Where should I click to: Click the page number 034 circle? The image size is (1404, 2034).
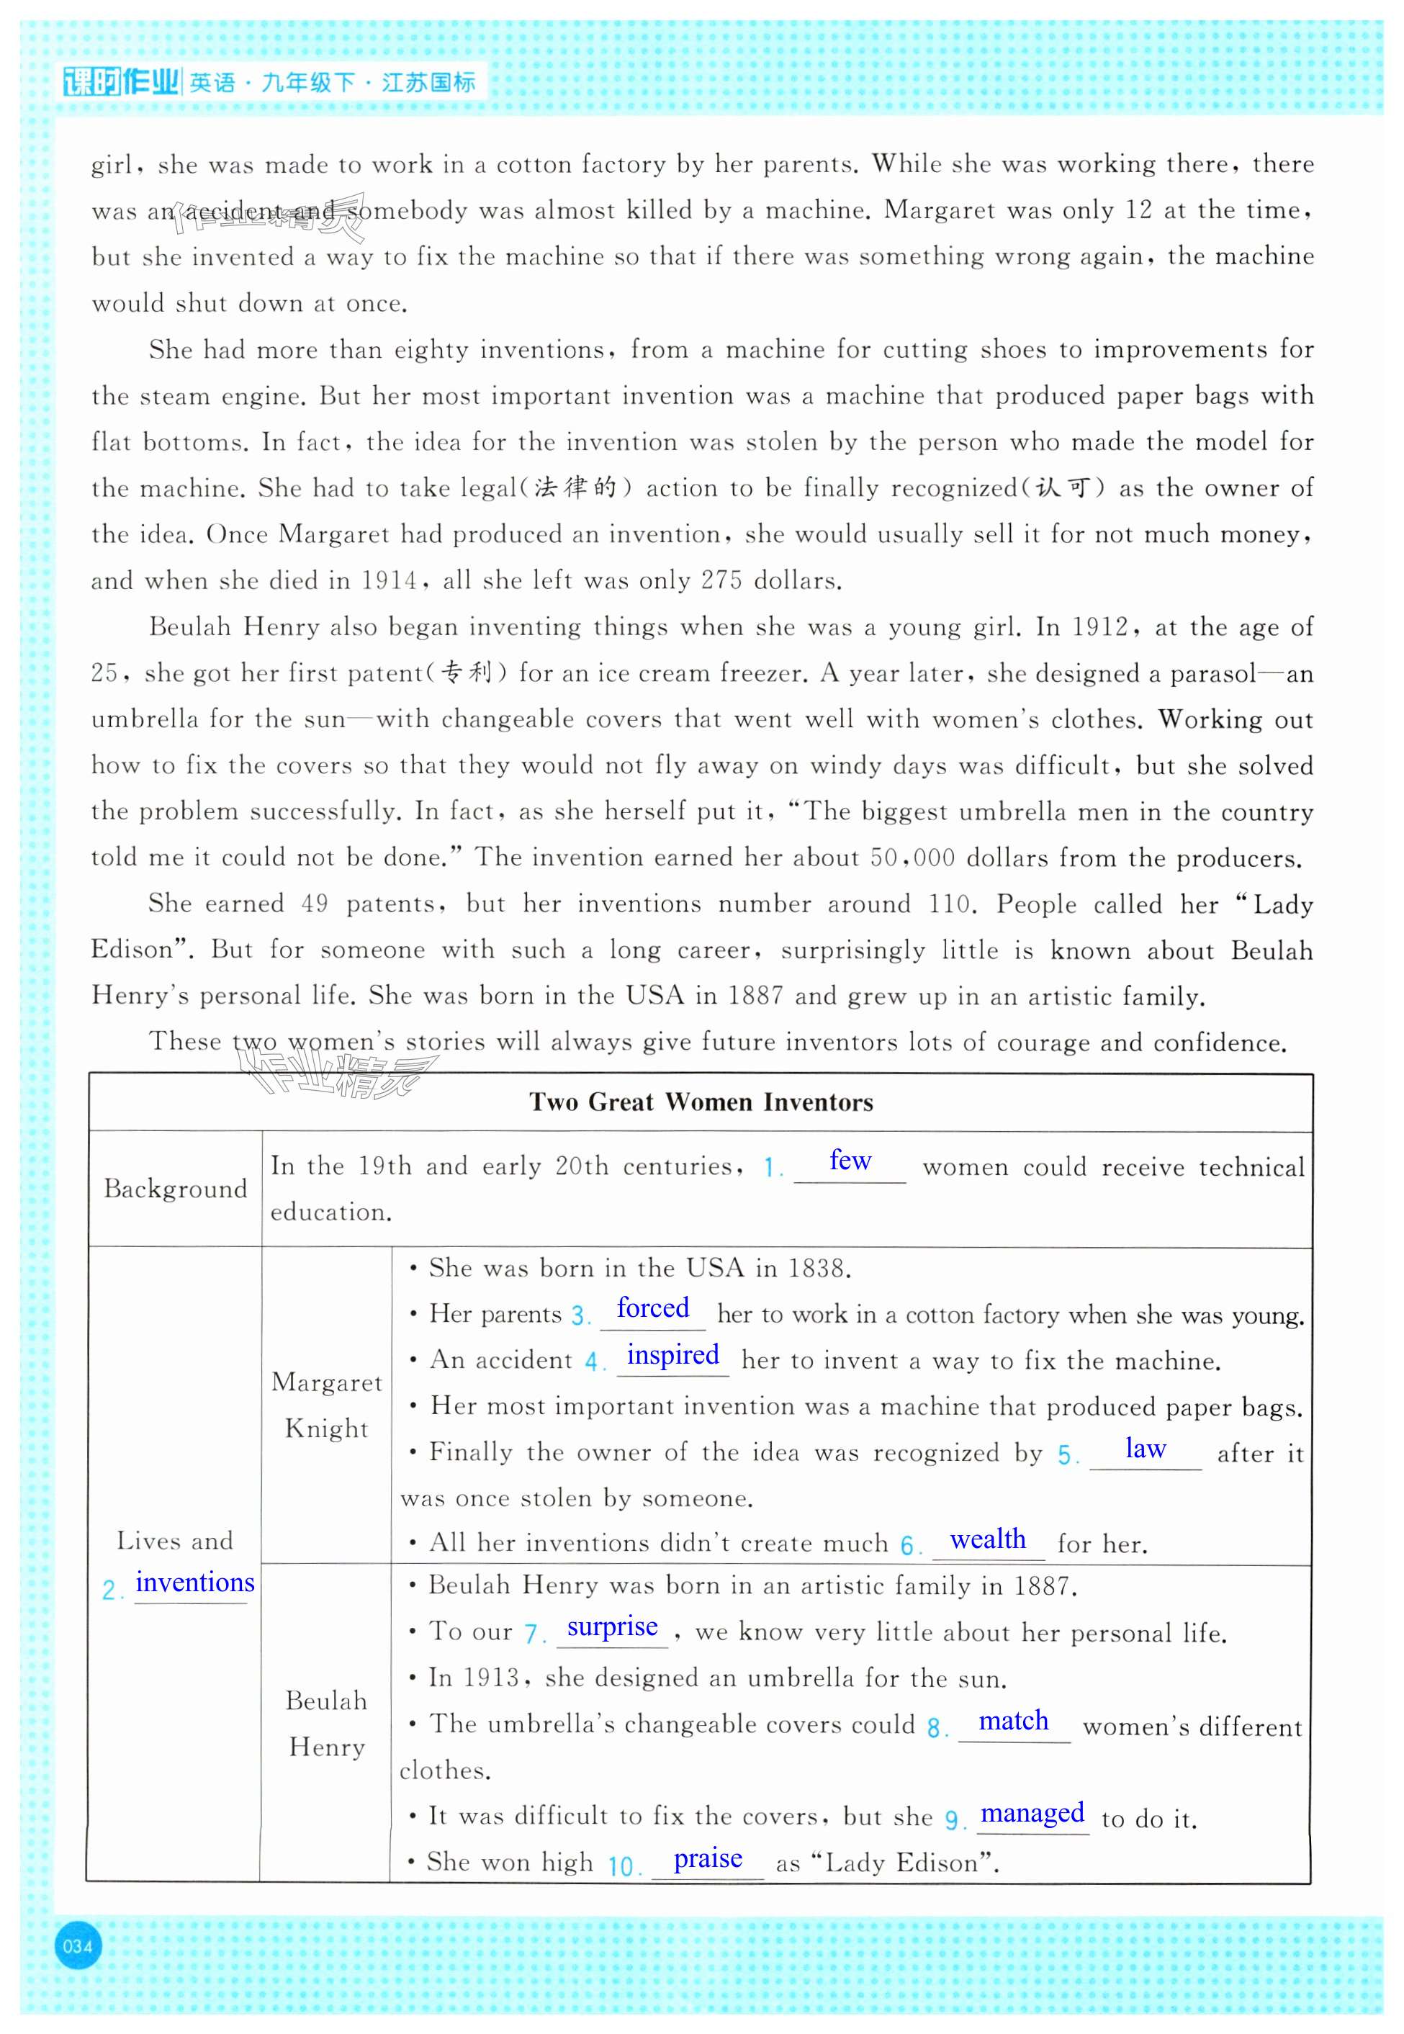(x=78, y=1945)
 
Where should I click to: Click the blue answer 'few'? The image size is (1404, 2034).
(x=850, y=1161)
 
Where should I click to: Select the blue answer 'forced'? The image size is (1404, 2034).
(x=653, y=1308)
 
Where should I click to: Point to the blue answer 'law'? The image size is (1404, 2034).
(x=1146, y=1448)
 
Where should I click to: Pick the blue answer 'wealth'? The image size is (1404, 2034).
(x=988, y=1539)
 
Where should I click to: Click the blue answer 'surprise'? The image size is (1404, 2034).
(x=612, y=1626)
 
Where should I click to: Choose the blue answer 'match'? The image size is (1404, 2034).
(x=1014, y=1720)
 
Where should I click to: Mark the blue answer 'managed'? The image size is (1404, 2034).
(x=1032, y=1812)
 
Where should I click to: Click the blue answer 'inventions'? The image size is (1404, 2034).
(x=194, y=1582)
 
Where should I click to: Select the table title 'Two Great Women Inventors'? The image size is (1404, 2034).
(x=701, y=1102)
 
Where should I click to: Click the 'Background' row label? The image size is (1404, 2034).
(x=175, y=1189)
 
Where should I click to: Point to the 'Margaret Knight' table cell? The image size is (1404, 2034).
(x=326, y=1404)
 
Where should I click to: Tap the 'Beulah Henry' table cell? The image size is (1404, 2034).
(x=326, y=1722)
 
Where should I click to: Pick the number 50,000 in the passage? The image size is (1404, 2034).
(x=912, y=857)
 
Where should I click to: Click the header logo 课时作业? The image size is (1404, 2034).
(x=122, y=83)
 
